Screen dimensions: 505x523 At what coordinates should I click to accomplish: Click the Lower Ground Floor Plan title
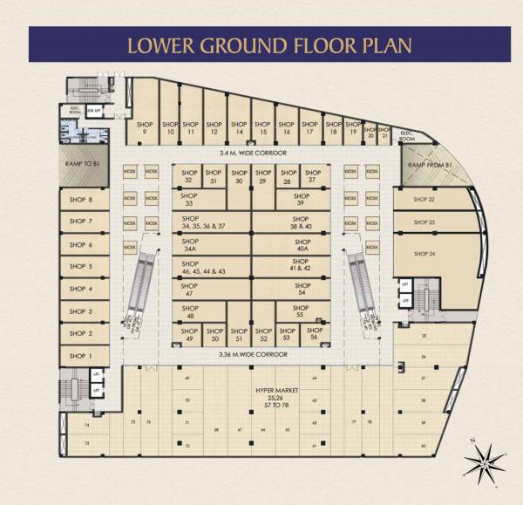261,44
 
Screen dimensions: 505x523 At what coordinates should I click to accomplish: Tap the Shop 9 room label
145,128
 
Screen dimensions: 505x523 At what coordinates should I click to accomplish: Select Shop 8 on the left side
80,200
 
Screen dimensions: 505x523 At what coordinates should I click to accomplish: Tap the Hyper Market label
273,393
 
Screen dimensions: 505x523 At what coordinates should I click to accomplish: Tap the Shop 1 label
80,356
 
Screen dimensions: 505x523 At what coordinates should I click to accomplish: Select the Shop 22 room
425,200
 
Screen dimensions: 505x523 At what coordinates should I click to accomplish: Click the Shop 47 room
189,290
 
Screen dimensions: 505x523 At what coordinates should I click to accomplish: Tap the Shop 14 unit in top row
239,128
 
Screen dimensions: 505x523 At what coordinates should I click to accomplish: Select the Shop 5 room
80,267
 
